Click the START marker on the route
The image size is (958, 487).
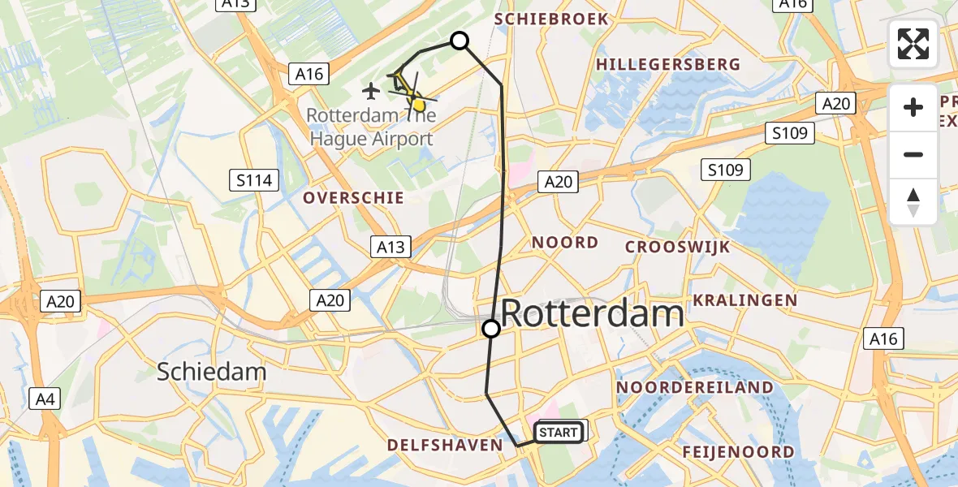click(x=559, y=433)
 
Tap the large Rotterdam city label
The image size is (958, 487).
click(x=592, y=313)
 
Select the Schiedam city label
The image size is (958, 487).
click(x=211, y=372)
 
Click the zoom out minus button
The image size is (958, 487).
click(x=913, y=154)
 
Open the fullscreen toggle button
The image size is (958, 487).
click(x=913, y=44)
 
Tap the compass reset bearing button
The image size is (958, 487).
click(x=913, y=201)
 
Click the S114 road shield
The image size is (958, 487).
click(x=255, y=180)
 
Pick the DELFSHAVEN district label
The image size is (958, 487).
click(x=445, y=445)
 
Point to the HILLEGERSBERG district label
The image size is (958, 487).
click(x=667, y=64)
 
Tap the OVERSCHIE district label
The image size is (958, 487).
click(x=353, y=198)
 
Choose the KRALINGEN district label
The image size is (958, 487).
click(x=745, y=300)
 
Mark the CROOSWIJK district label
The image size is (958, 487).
click(x=677, y=247)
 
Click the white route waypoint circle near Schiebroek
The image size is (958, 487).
click(x=460, y=41)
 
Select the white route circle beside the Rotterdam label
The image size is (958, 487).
click(x=491, y=329)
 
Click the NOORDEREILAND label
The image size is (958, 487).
click(x=693, y=387)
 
